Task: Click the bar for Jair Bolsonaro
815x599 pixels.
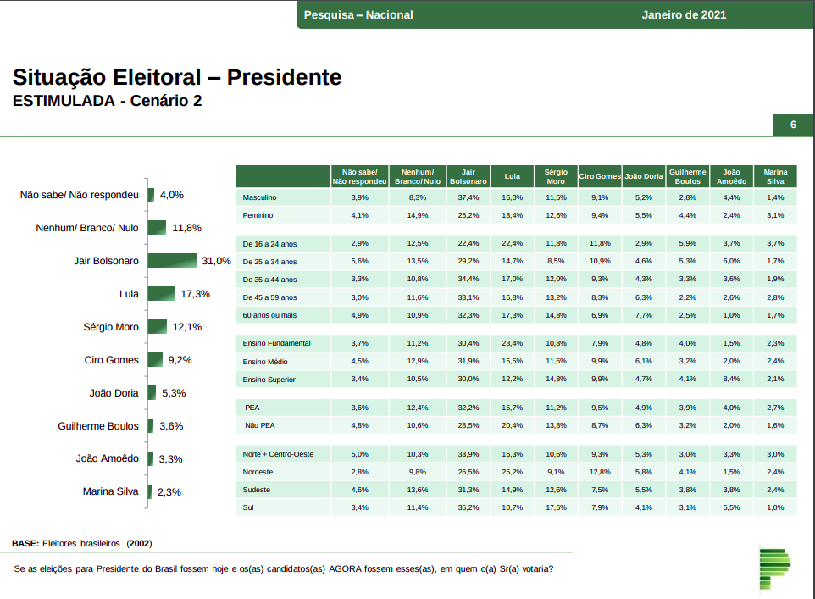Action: point(172,261)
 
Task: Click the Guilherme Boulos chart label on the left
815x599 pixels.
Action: point(97,426)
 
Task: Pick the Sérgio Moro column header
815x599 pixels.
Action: point(556,176)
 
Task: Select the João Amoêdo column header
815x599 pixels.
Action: point(731,176)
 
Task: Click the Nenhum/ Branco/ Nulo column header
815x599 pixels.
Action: point(418,176)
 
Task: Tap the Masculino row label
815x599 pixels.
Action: point(259,197)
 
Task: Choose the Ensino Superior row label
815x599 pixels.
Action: point(269,380)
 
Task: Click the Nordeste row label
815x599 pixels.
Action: point(258,472)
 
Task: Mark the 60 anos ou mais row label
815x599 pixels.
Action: point(269,315)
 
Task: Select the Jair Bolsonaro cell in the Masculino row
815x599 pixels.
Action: point(468,197)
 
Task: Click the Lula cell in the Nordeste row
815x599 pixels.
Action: point(512,472)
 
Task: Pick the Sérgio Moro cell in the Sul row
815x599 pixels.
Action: point(556,508)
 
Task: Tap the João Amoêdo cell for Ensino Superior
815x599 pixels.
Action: point(731,380)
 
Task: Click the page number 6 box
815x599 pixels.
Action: point(793,125)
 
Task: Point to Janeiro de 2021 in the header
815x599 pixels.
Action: point(684,15)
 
